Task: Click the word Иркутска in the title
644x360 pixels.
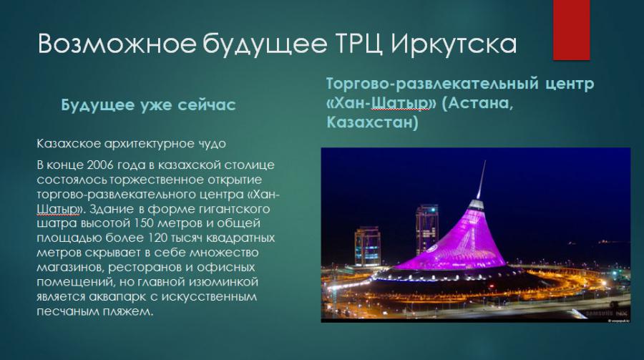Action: tap(454, 44)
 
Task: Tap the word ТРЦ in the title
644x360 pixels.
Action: tap(359, 44)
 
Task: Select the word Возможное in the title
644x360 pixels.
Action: tap(117, 43)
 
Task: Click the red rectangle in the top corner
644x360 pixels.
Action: tap(571, 29)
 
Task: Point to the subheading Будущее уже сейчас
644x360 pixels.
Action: tap(148, 104)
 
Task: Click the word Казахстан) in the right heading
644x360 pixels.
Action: tap(373, 122)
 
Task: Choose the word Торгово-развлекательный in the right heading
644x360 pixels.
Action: tap(432, 84)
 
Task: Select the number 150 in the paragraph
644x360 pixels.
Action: tap(144, 223)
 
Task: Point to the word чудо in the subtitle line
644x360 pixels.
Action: tap(212, 145)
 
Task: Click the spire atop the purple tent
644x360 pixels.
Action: tap(481, 180)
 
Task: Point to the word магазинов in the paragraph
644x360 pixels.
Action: tap(70, 268)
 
